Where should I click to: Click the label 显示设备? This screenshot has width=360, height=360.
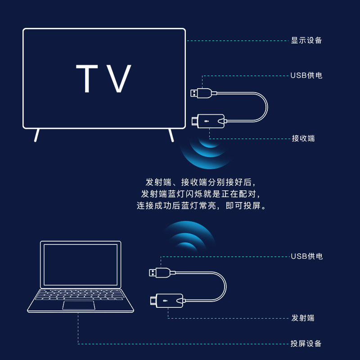[306, 40]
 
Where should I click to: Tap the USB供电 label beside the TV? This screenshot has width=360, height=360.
[306, 75]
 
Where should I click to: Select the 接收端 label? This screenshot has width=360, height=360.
[303, 138]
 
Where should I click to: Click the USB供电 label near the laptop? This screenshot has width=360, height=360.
[306, 256]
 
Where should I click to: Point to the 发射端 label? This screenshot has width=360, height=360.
[303, 318]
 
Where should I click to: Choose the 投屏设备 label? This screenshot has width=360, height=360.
[306, 344]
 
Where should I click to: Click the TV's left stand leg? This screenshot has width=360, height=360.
[37, 135]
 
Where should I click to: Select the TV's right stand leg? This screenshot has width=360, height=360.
[171, 135]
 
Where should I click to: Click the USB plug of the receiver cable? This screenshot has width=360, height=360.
[201, 93]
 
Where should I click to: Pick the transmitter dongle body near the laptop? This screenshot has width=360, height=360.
[169, 300]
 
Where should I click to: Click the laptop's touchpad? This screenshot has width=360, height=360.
[79, 306]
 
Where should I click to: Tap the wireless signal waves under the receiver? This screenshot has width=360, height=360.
[205, 151]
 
